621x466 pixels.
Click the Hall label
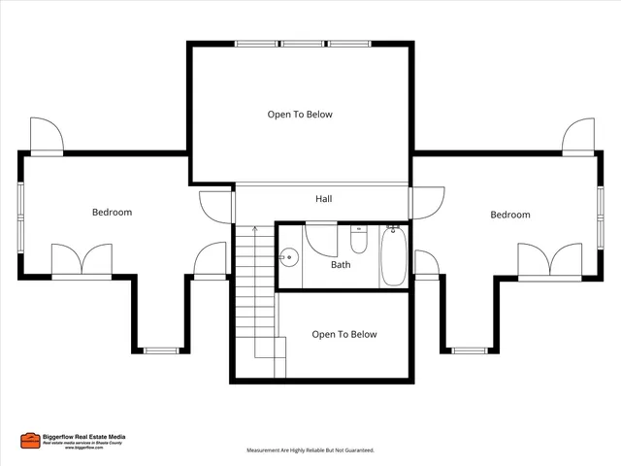[324, 199]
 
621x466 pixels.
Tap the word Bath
[341, 264]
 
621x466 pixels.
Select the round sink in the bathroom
[288, 258]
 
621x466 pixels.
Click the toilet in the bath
[358, 239]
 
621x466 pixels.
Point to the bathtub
[393, 255]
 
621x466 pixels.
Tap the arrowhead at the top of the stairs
[254, 229]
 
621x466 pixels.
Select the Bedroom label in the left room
[112, 212]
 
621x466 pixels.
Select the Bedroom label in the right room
[509, 215]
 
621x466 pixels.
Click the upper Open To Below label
[300, 115]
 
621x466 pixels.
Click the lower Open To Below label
[343, 334]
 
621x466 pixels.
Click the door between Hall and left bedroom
[215, 205]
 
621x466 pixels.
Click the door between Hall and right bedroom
[425, 202]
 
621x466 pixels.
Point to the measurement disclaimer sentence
[310, 450]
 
